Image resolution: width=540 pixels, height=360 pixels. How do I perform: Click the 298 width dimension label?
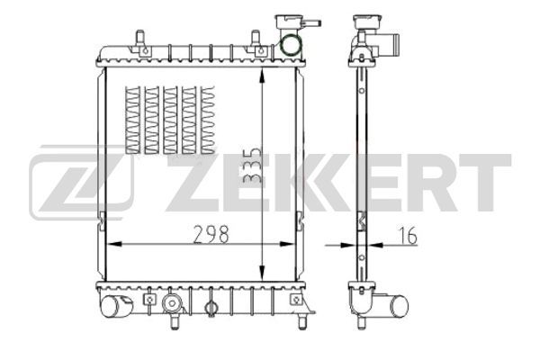(x=211, y=234)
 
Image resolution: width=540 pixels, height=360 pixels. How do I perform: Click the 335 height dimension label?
(x=252, y=166)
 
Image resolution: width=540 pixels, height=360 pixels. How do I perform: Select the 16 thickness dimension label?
(x=408, y=236)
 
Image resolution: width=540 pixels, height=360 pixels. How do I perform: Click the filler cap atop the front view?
(x=289, y=22)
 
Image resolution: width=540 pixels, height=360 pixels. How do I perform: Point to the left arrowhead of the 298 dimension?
(x=114, y=244)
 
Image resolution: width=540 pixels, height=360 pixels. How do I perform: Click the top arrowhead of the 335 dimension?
(x=263, y=76)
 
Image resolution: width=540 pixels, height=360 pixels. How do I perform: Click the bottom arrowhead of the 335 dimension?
(x=263, y=272)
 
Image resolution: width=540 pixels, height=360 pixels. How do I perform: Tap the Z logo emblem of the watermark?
(x=82, y=182)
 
